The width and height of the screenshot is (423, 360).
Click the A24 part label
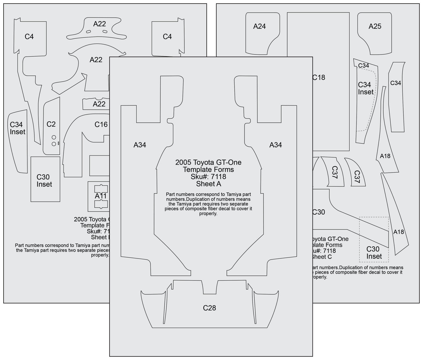pos(259,26)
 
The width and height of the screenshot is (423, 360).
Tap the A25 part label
pos(375,26)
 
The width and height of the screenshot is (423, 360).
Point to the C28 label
pos(209,308)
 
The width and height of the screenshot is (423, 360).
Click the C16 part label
pos(101,124)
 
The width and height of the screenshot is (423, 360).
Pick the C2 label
pos(51,124)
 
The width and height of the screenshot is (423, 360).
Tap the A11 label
pos(100,196)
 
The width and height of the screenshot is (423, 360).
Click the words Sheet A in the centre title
pos(208,184)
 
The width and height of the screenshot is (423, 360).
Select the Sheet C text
pos(321,257)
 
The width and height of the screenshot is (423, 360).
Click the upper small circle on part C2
pos(54,137)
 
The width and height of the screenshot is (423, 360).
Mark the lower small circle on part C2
pos(54,144)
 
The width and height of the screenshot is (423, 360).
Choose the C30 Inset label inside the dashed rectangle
pos(374,252)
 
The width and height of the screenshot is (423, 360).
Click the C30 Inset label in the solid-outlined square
pos(44,180)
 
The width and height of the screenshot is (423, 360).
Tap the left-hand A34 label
pos(140,145)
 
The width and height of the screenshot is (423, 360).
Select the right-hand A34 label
pos(275,145)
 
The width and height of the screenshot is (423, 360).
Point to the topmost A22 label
pos(100,24)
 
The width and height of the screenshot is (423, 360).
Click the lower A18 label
pos(398,232)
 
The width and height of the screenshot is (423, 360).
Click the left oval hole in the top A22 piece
pos(89,32)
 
